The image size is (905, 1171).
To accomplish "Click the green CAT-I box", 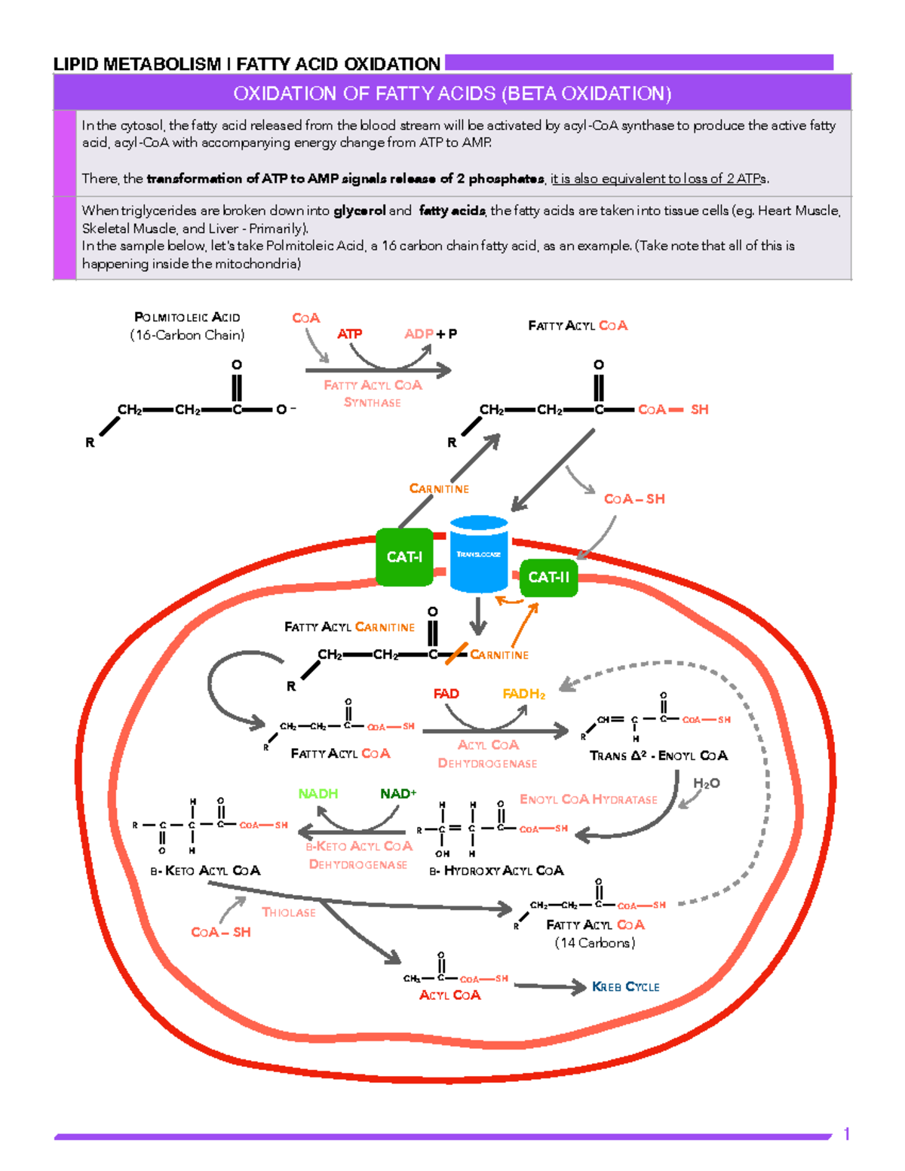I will click(404, 557).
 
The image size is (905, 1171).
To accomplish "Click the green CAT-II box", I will click(548, 578).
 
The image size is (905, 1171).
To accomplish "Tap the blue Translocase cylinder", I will click(478, 554).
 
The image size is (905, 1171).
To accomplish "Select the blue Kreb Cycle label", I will click(625, 986).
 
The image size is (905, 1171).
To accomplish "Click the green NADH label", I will click(318, 793).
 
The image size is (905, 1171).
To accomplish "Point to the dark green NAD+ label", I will click(398, 793).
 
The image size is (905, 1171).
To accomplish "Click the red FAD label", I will click(446, 694).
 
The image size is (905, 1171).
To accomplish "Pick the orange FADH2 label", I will click(523, 694).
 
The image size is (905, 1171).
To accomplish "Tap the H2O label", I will click(706, 783).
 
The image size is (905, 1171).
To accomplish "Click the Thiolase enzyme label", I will click(288, 912).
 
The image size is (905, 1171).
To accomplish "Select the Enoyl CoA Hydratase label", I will click(588, 799).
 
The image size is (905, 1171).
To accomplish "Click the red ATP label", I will click(349, 333).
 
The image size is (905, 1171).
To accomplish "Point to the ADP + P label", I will click(430, 333).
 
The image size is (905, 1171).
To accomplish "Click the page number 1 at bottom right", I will click(847, 1134).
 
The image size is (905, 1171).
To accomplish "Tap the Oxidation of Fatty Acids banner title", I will click(452, 93).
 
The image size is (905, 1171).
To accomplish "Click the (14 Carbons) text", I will click(595, 943).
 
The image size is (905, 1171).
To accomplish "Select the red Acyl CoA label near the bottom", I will click(449, 995).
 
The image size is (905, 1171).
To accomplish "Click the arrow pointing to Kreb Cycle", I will click(550, 986).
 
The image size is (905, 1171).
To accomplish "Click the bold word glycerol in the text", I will click(359, 211).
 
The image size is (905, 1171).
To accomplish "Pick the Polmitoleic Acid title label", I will click(187, 317).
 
